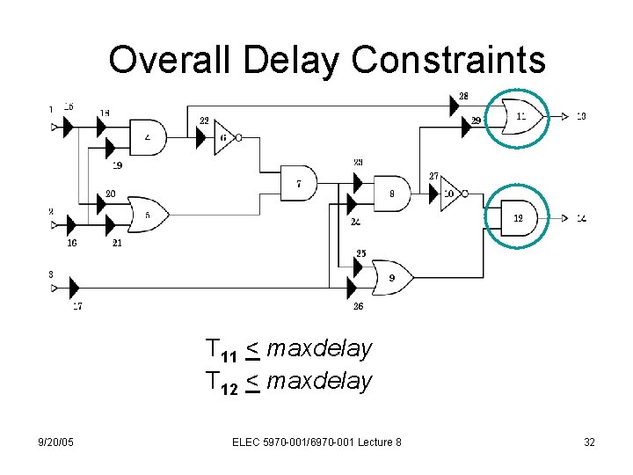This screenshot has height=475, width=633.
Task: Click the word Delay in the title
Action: point(290,60)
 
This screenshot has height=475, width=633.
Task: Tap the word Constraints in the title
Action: point(448,60)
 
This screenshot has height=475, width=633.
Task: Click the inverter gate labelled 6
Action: point(224,137)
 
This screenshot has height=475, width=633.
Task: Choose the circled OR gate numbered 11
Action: point(519,115)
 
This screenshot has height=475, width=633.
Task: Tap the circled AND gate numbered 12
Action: point(516,216)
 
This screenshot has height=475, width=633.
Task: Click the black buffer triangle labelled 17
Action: point(74,286)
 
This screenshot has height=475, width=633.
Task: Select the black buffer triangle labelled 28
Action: point(455,106)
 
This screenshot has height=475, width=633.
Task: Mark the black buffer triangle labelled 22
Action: point(201,137)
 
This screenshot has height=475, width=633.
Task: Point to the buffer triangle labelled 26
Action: point(353,288)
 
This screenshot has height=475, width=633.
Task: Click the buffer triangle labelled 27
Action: point(434,194)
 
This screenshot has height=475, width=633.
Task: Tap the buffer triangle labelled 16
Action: point(74,224)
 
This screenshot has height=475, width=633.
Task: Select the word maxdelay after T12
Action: point(319,381)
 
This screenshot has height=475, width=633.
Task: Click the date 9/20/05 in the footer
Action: point(56,442)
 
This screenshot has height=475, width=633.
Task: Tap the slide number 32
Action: point(589,442)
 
